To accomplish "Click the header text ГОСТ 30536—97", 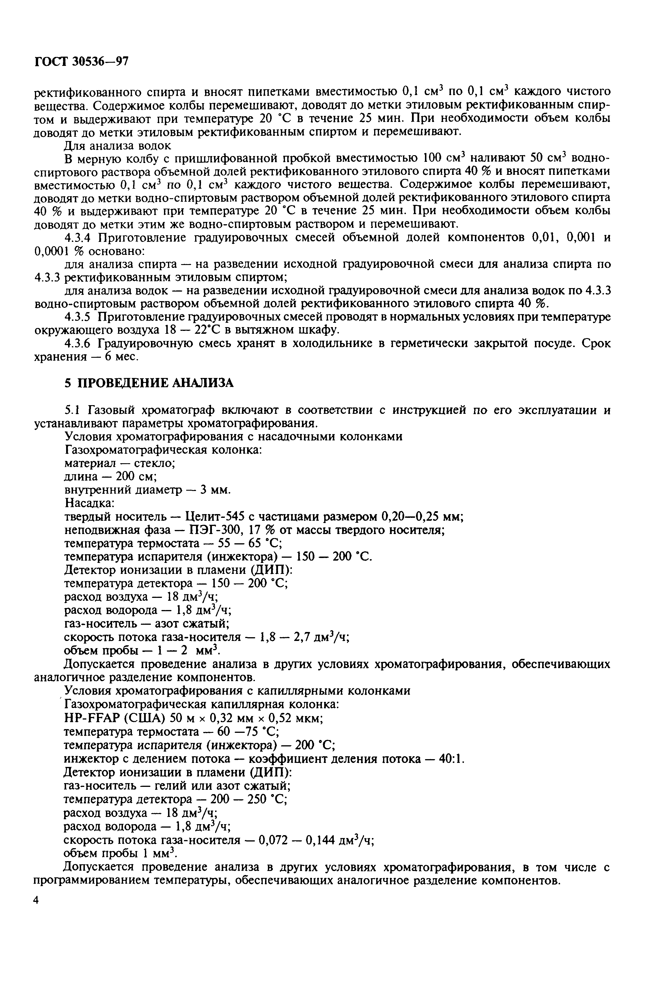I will click(x=81, y=62).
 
